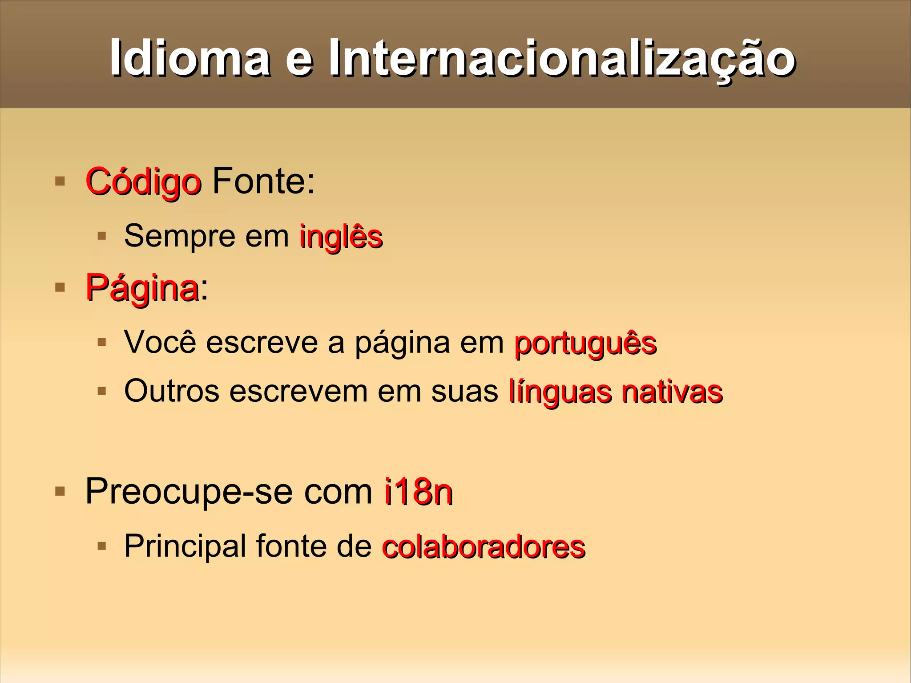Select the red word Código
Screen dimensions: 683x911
143,182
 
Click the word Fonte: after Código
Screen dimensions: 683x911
263,181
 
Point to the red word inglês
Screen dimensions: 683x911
341,236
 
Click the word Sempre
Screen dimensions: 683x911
180,236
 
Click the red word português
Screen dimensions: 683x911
585,344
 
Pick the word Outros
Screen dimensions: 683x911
172,391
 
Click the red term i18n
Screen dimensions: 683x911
419,492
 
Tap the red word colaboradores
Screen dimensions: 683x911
484,547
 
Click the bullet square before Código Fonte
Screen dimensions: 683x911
60,181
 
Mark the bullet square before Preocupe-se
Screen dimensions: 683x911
60,491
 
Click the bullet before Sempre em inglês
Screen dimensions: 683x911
102,235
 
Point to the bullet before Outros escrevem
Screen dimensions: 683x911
102,391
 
